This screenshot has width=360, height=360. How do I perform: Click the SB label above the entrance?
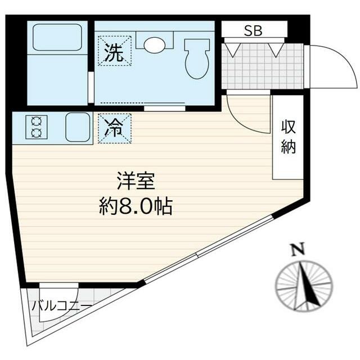pyautogui.click(x=253, y=31)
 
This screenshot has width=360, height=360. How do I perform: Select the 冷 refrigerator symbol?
pyautogui.click(x=115, y=128)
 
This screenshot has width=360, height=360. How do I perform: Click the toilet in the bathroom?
pyautogui.click(x=196, y=58)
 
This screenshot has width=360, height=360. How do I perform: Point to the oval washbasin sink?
pyautogui.click(x=153, y=44)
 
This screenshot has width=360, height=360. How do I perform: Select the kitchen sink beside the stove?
pyautogui.click(x=78, y=127)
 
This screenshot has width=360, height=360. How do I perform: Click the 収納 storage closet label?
pyautogui.click(x=289, y=138)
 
